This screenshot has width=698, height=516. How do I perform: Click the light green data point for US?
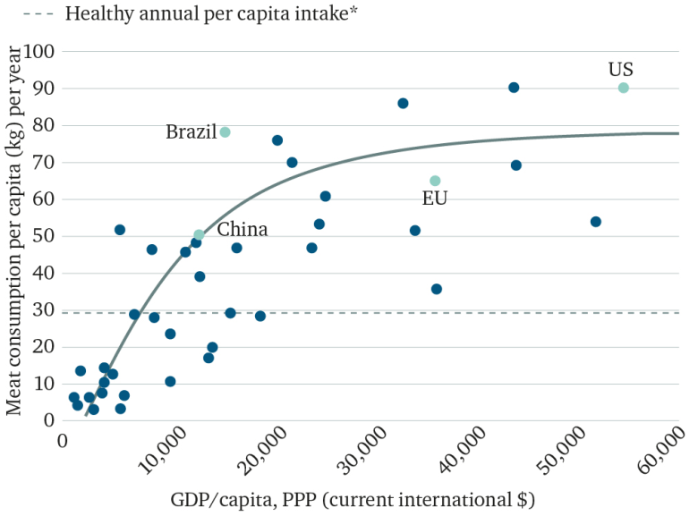[623, 88]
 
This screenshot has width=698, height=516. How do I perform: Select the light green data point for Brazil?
[225, 132]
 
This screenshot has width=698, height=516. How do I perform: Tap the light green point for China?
[199, 235]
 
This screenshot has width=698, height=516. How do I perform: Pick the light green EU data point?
[435, 181]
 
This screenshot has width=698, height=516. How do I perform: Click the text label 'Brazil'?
[191, 132]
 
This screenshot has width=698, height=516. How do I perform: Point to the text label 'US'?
[620, 70]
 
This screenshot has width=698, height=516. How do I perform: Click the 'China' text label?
[242, 230]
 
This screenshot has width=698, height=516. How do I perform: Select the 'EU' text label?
[435, 199]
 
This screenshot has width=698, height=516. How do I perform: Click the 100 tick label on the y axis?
[40, 52]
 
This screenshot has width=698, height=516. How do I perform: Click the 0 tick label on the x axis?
[63, 441]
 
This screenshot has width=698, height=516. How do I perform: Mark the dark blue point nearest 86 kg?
[403, 104]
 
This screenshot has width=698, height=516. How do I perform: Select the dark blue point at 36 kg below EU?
[436, 289]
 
